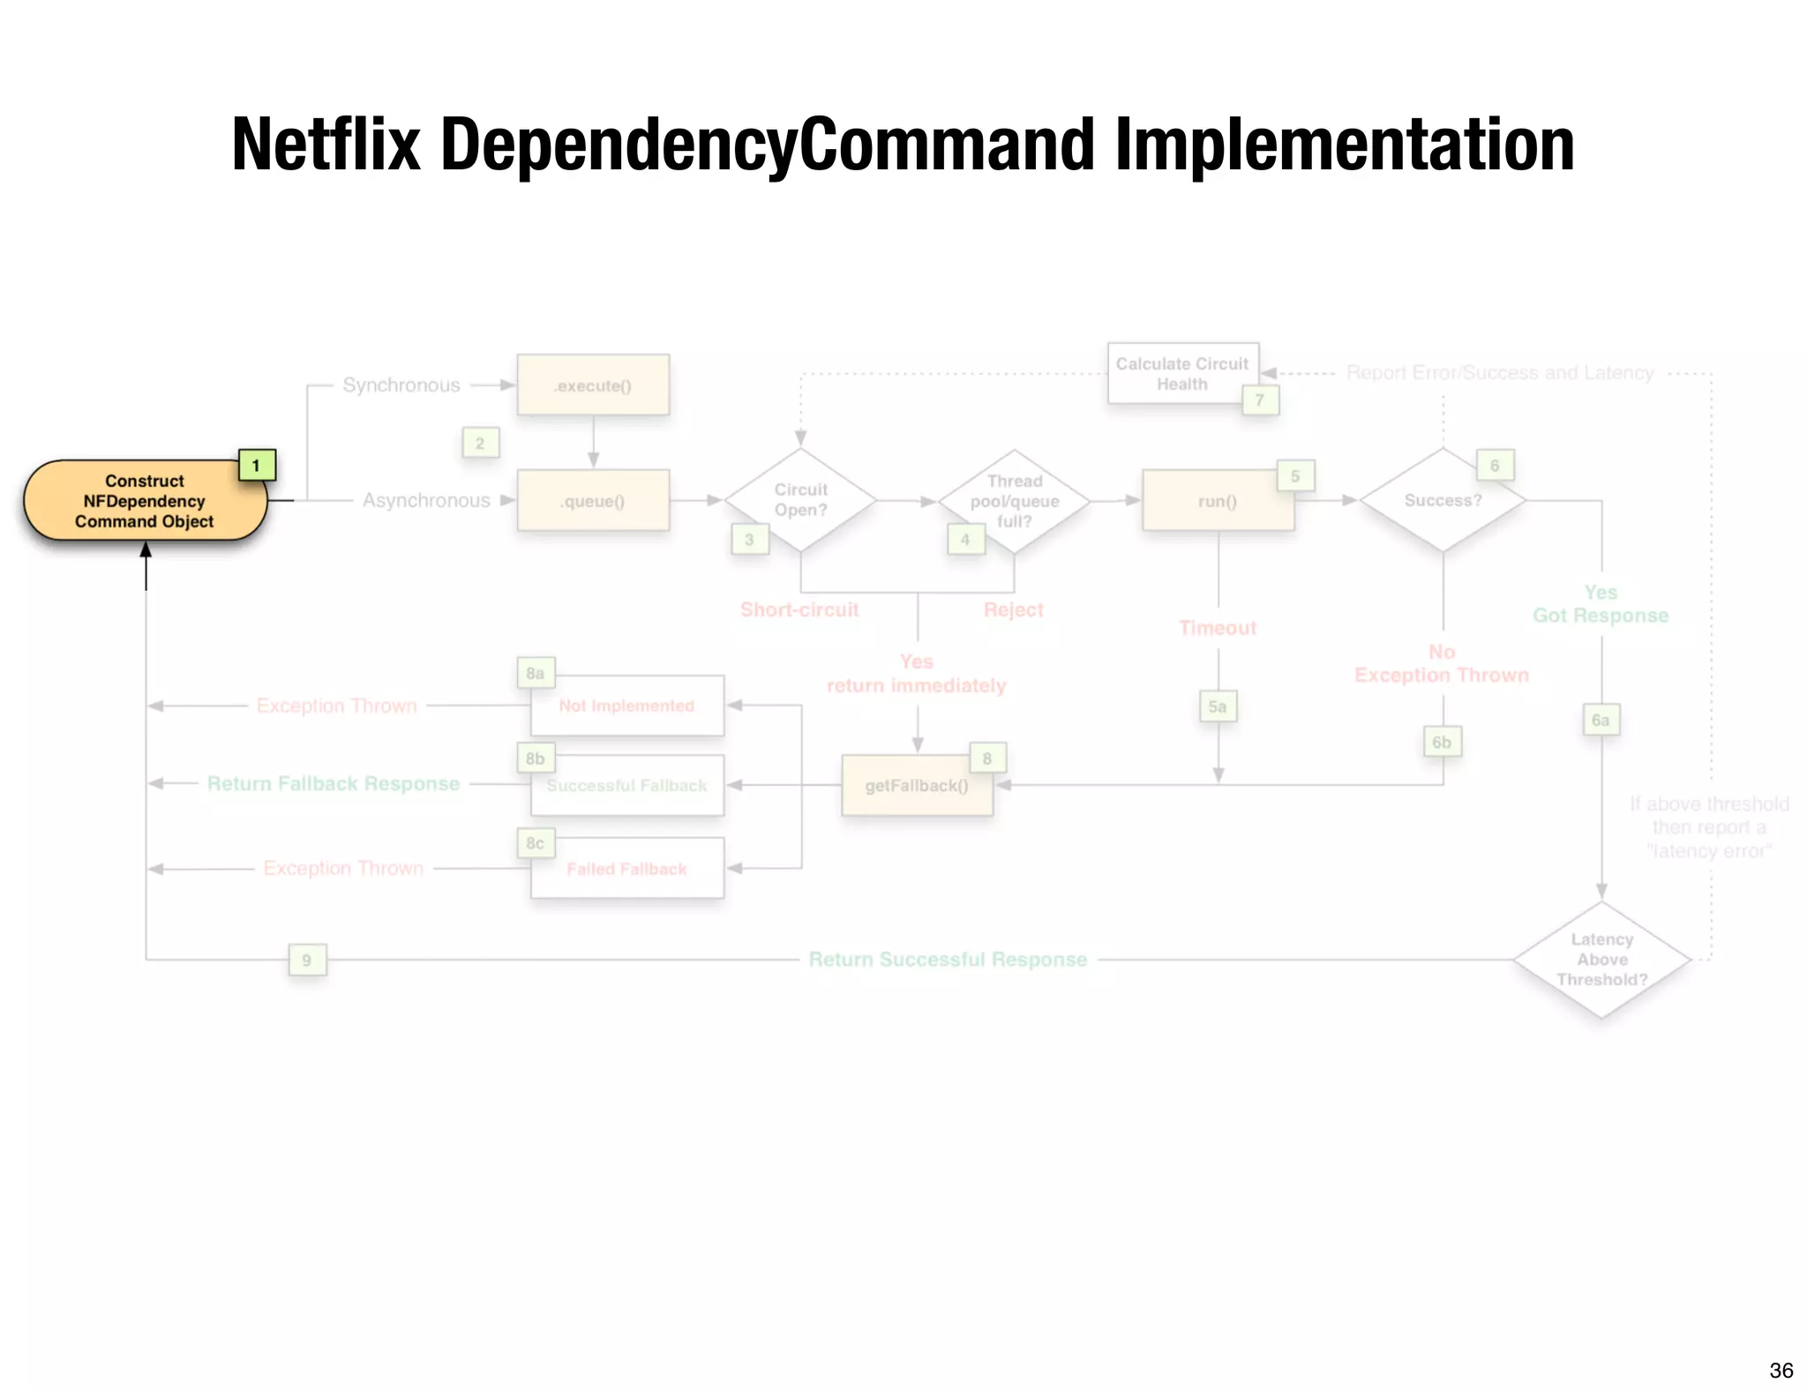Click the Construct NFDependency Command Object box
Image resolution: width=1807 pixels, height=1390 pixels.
pyautogui.click(x=145, y=501)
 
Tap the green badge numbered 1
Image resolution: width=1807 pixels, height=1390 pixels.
pyautogui.click(x=257, y=465)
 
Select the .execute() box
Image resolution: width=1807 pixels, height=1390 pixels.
pyautogui.click(x=593, y=385)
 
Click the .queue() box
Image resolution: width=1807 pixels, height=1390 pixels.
pyautogui.click(x=593, y=501)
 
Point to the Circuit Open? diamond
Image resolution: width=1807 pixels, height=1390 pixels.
pyautogui.click(x=800, y=500)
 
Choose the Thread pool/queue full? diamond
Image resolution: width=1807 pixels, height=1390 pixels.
pyautogui.click(x=1014, y=501)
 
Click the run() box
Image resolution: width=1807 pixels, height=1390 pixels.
pyautogui.click(x=1218, y=501)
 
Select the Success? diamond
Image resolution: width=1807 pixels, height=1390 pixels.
pyautogui.click(x=1443, y=500)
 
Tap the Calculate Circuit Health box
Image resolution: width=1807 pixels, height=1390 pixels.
pyautogui.click(x=1182, y=373)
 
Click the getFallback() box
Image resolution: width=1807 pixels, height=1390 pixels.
pyautogui.click(x=917, y=785)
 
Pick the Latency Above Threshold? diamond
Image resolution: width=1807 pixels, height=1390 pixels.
pyautogui.click(x=1601, y=960)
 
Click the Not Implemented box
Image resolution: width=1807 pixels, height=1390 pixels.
pyautogui.click(x=626, y=706)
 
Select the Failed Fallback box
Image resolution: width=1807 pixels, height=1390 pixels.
pyautogui.click(x=626, y=869)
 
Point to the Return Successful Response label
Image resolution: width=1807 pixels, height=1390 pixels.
pyautogui.click(x=948, y=960)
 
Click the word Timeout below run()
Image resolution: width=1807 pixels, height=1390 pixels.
pyautogui.click(x=1218, y=628)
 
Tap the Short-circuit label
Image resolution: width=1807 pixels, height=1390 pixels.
pyautogui.click(x=799, y=609)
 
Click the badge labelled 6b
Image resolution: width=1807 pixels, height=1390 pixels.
pyautogui.click(x=1442, y=742)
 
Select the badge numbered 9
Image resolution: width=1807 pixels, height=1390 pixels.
pyautogui.click(x=307, y=960)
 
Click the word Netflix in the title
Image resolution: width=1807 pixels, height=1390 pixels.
pyautogui.click(x=326, y=145)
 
